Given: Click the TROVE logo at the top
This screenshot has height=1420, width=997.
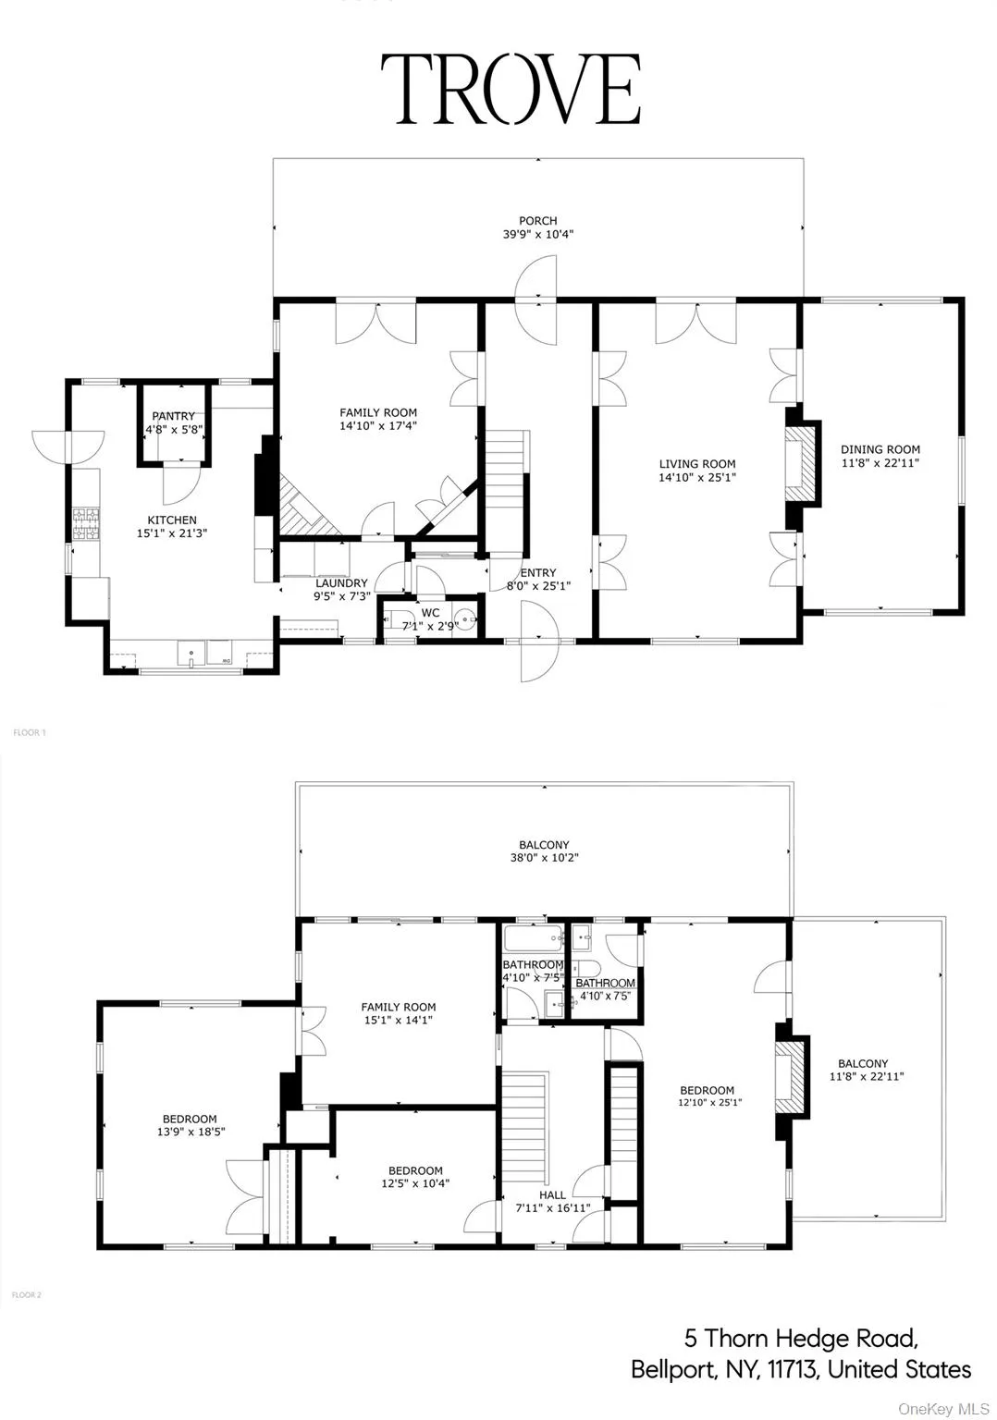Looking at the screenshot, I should pos(511,89).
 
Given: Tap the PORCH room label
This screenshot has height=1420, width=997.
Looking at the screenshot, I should pos(537,221).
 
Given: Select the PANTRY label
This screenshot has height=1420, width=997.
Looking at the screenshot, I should pos(173,416).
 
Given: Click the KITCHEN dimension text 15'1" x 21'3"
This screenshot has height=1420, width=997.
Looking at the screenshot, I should pos(172,533).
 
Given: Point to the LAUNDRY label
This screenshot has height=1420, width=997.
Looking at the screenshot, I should pos(341,583).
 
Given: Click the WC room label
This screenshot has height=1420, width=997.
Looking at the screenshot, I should pos(430,613).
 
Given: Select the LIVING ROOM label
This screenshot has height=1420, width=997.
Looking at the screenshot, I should pos(697,464).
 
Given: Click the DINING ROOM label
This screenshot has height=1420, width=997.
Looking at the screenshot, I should pos(880,450).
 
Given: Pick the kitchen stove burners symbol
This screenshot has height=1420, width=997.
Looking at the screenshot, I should pos(86,523).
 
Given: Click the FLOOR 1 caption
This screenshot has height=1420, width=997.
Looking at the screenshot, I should pos(29,732).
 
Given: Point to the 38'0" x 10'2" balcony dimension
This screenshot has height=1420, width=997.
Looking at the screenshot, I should pos(544,858).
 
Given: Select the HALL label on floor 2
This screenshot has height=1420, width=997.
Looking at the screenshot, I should pos(552,1194).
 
